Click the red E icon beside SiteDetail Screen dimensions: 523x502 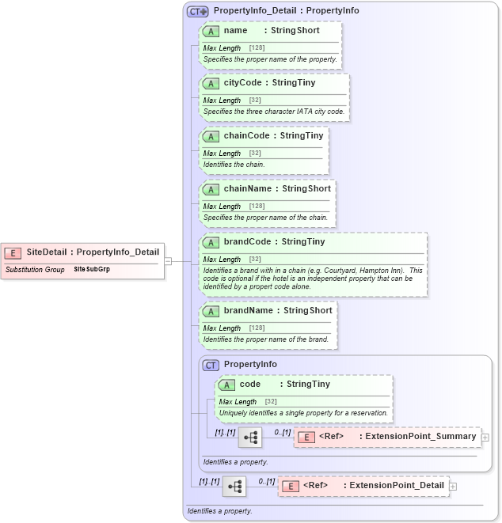(x=13, y=252)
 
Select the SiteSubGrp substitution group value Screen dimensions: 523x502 (x=92, y=270)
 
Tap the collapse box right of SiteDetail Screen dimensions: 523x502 (x=168, y=261)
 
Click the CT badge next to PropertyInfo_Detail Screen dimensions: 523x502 (x=197, y=11)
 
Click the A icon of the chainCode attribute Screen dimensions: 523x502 (x=211, y=136)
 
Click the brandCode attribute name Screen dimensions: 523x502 (x=247, y=241)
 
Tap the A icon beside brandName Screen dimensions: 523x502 (x=211, y=311)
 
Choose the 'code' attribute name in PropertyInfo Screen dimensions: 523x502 (x=250, y=384)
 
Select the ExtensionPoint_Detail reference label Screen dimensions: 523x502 (x=397, y=485)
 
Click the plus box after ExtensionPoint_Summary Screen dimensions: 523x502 (x=485, y=437)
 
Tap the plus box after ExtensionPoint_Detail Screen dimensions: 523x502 (x=453, y=486)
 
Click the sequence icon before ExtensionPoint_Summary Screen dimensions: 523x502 (x=250, y=437)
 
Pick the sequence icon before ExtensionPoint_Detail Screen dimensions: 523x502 (x=234, y=486)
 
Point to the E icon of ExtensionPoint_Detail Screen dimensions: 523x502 (x=290, y=486)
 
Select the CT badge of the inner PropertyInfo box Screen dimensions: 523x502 (x=211, y=365)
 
